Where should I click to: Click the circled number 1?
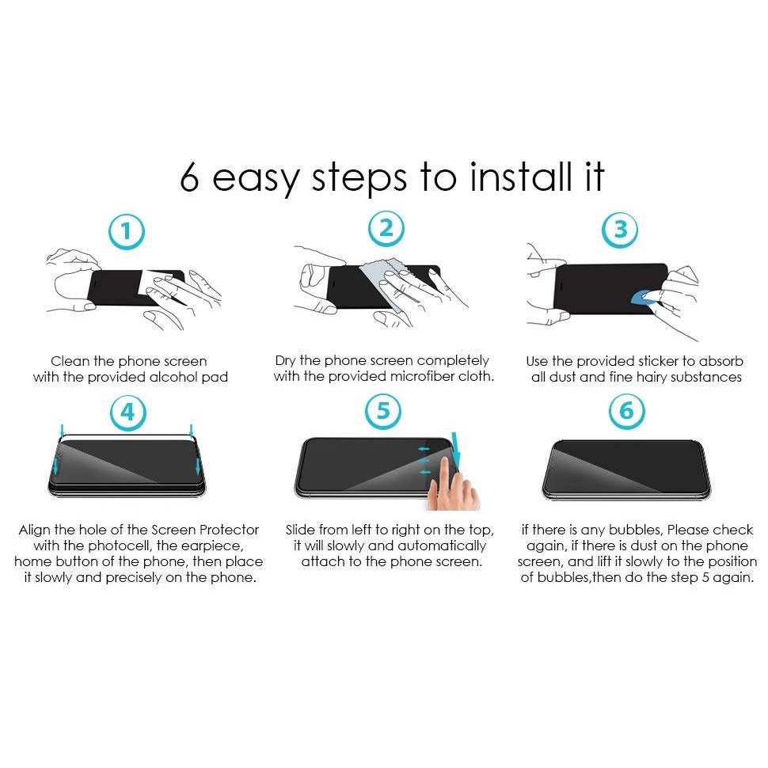click(x=127, y=231)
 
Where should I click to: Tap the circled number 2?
click(x=386, y=229)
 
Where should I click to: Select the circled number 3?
click(x=620, y=230)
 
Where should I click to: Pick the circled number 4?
click(x=127, y=413)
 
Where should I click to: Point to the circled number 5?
click(x=383, y=411)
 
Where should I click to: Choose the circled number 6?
click(x=627, y=411)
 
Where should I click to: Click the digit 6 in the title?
click(x=189, y=177)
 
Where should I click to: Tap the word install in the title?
click(x=520, y=177)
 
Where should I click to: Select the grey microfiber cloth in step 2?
click(x=388, y=287)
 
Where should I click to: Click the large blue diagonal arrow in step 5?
click(x=456, y=449)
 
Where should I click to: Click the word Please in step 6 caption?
click(x=689, y=530)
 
